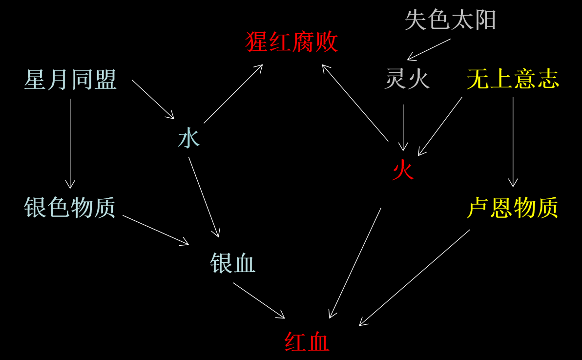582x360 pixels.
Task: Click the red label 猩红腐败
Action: click(291, 42)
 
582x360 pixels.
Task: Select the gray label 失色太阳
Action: click(450, 21)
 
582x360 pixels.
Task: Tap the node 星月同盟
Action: click(70, 80)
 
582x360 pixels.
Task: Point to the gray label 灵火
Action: click(407, 79)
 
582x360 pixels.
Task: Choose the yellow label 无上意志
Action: click(513, 79)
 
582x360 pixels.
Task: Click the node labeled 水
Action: click(189, 139)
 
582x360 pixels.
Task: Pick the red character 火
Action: click(403, 171)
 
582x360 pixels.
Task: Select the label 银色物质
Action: click(70, 208)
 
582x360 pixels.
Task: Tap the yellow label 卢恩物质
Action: click(513, 208)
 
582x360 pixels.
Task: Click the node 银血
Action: click(233, 264)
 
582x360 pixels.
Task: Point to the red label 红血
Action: click(307, 342)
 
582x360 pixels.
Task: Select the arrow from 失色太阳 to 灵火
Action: click(429, 49)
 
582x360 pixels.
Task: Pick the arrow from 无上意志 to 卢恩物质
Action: click(513, 142)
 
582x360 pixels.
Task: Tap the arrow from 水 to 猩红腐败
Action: click(233, 94)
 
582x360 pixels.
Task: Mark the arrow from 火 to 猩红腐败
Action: click(355, 103)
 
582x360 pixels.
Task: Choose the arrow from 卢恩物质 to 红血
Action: click(415, 277)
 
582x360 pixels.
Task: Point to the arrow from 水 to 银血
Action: click(204, 197)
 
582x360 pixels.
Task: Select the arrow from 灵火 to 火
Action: click(403, 127)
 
